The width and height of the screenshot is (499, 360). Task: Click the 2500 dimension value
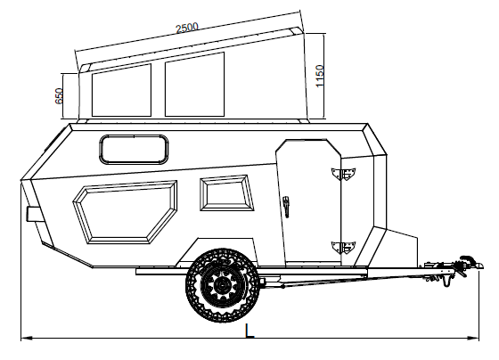click(x=187, y=28)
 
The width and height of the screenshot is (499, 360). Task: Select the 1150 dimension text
click(x=319, y=76)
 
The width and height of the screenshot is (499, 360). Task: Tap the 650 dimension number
click(x=59, y=96)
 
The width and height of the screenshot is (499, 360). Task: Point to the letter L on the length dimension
click(x=250, y=331)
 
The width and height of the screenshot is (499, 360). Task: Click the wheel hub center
click(x=220, y=285)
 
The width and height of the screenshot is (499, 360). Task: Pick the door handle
click(x=286, y=207)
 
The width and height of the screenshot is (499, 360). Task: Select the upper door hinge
click(x=343, y=174)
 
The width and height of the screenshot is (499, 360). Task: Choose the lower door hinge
click(x=343, y=248)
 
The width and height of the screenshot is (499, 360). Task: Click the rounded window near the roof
click(x=134, y=150)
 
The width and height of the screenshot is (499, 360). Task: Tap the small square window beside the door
click(x=227, y=192)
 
